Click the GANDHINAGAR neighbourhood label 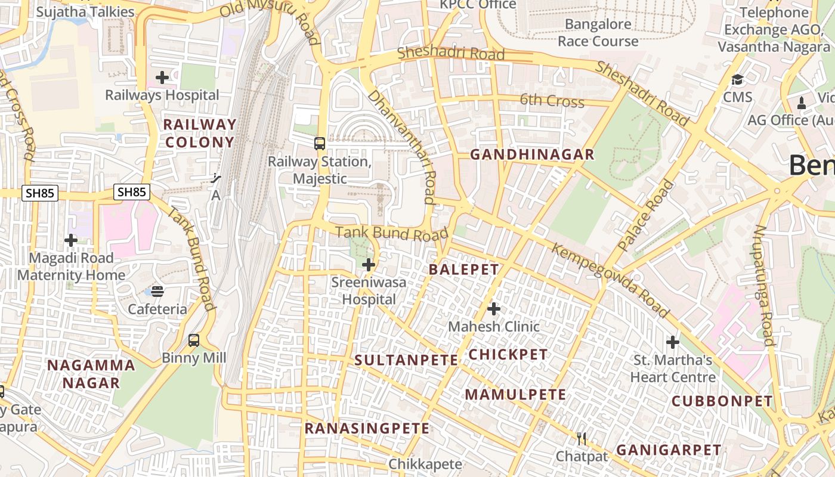[x=532, y=155]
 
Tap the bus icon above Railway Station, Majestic [x=320, y=144]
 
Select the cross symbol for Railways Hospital [x=162, y=78]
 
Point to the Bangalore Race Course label [x=598, y=33]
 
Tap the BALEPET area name [x=463, y=270]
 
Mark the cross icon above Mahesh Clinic [x=493, y=309]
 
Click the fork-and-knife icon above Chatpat [x=582, y=439]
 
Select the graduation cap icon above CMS [x=738, y=79]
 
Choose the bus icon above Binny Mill [x=194, y=340]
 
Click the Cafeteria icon [x=157, y=291]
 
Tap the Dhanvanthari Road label [x=401, y=146]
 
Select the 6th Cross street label [x=552, y=101]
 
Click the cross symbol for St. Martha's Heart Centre [x=673, y=342]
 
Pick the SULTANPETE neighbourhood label [x=406, y=360]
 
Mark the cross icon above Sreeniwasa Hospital [x=369, y=264]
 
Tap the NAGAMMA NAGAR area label [x=91, y=374]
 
